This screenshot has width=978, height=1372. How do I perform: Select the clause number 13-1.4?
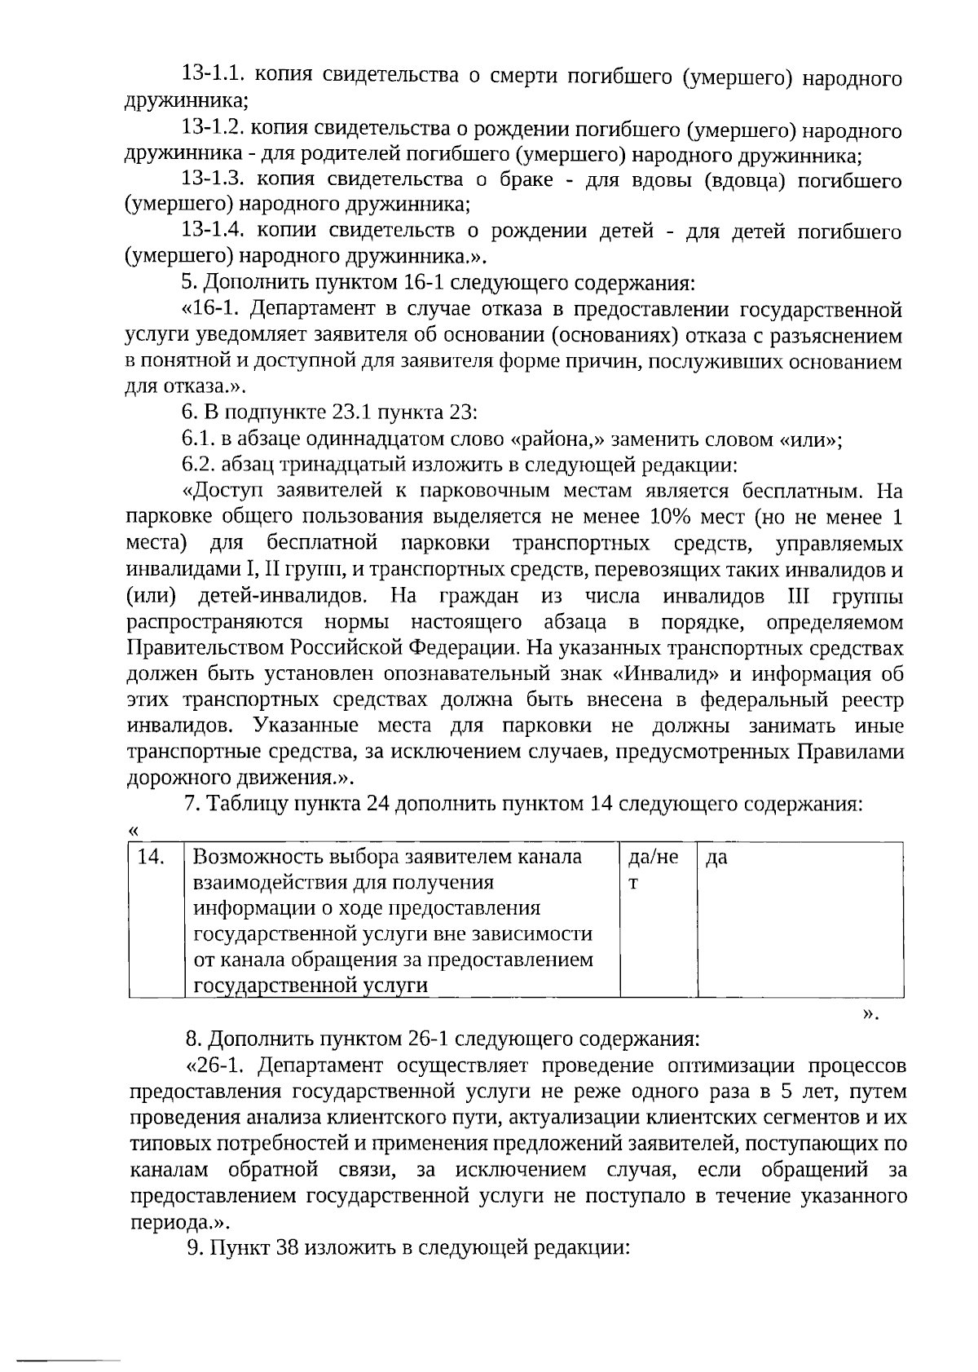click(x=214, y=232)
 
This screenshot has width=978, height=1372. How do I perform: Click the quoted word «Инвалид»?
click(x=667, y=675)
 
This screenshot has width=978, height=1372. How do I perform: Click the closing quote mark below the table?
click(x=870, y=1013)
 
